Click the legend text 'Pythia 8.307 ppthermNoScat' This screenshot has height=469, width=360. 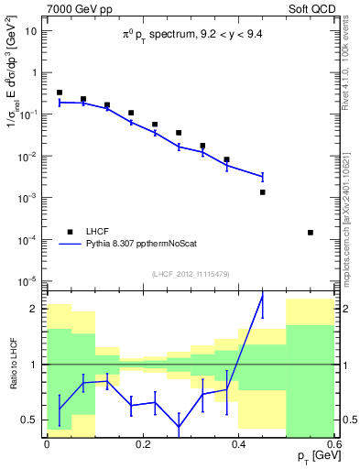[x=150, y=245]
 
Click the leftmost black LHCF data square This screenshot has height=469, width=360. [x=60, y=93]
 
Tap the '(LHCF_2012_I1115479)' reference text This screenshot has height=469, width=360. [x=191, y=273]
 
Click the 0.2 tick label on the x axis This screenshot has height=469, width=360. [x=142, y=443]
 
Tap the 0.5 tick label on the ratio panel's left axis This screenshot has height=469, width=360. [x=35, y=420]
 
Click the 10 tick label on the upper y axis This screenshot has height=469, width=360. [x=34, y=30]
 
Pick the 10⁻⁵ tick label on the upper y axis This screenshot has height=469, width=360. [x=31, y=280]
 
